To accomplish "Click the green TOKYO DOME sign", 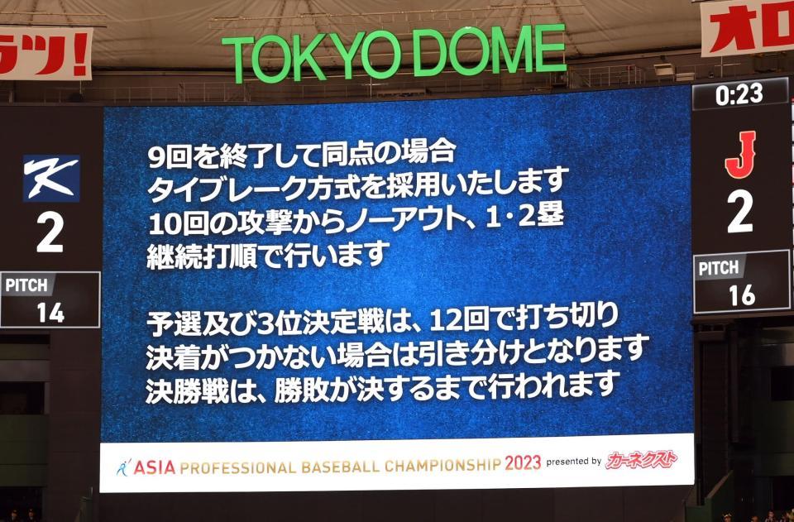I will [x=394, y=53].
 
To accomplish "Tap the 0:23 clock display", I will [x=739, y=94].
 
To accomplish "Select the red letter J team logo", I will [x=740, y=155].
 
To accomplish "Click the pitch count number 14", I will [x=50, y=312].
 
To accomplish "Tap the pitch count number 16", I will [x=741, y=295].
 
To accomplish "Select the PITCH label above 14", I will [x=27, y=285].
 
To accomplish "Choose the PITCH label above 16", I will [x=718, y=268].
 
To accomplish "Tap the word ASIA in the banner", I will [x=155, y=467].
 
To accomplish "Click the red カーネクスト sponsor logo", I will [x=641, y=460].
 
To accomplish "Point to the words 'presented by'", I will [x=573, y=462].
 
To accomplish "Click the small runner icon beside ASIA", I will [x=123, y=467].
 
